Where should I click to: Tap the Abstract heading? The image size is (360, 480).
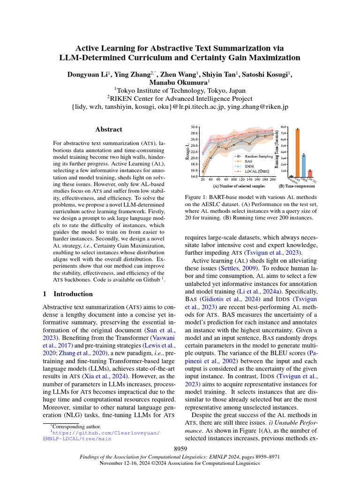(109, 129)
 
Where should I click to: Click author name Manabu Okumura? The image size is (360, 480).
(180, 82)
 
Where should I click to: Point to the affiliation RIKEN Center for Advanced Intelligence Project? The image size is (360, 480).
(180, 98)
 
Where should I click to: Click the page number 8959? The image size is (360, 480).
(180, 449)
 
